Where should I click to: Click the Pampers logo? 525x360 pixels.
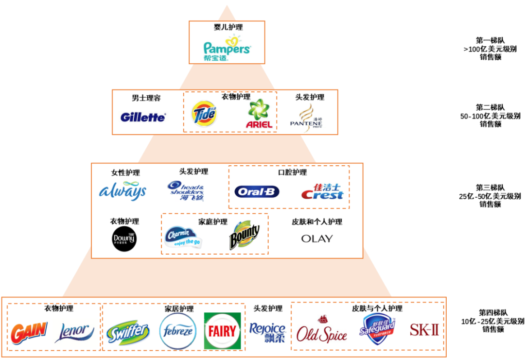point(227,48)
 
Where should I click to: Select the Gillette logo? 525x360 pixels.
point(143,117)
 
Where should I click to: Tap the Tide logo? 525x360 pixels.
point(204,114)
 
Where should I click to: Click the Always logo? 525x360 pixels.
point(122,191)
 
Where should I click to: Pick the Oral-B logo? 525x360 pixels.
point(257,192)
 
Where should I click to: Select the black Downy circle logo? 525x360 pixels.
point(124,239)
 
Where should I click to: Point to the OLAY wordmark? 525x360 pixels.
point(317,239)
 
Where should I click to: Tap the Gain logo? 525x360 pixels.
point(29,332)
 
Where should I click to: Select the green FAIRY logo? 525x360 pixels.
point(222,331)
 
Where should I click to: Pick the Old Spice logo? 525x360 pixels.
point(322,331)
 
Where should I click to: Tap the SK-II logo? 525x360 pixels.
point(424,330)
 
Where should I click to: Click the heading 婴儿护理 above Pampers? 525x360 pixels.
point(227,27)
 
